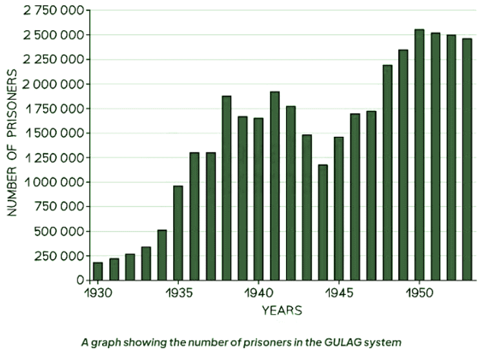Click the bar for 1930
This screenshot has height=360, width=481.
coord(97,271)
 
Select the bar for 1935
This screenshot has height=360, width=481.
coord(178,233)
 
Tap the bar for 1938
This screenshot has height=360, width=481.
coord(226,188)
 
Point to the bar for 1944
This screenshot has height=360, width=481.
coord(322,222)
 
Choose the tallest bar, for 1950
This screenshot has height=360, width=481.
coord(419,155)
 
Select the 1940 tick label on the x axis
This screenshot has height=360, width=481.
coord(258,292)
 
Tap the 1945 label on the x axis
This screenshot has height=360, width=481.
coord(338,292)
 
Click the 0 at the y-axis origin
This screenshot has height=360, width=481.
coord(81,281)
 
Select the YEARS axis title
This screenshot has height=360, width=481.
coord(281,311)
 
